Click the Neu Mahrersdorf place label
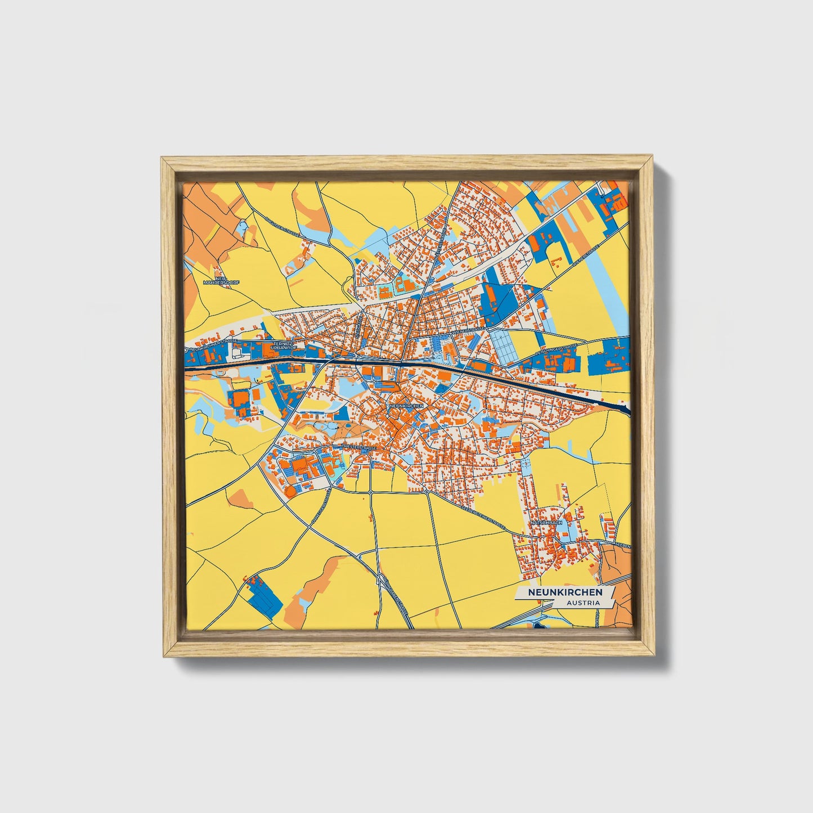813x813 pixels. click(x=216, y=280)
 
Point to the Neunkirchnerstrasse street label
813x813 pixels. click(x=214, y=344)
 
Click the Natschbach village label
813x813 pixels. click(x=547, y=523)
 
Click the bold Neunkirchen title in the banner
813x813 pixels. click(x=564, y=592)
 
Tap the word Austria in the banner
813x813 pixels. click(x=583, y=603)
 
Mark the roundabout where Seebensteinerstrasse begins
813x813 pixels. click(x=427, y=492)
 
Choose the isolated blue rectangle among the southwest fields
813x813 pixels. click(x=264, y=598)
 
